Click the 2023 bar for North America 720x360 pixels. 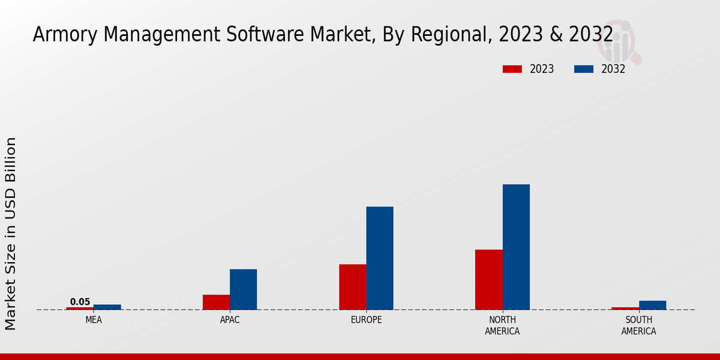point(488,280)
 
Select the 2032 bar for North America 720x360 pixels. point(516,247)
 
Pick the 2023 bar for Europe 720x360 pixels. point(352,287)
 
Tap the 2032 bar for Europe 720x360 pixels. point(380,258)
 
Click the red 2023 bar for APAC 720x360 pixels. point(216,302)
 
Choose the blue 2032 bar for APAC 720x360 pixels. point(243,289)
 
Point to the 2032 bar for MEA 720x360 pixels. point(107,307)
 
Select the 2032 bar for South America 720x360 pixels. point(652,305)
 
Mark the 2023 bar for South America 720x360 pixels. point(625,308)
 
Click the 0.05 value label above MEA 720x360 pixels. point(80,302)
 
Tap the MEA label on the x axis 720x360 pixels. point(94,320)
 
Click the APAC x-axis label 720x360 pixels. point(230,320)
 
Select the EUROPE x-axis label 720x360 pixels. point(366,320)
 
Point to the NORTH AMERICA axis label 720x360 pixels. point(502,325)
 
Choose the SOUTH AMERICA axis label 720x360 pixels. point(638,325)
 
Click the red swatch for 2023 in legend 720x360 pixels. point(512,69)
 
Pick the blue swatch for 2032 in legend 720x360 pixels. point(584,69)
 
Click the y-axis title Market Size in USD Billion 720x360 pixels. point(11,233)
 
